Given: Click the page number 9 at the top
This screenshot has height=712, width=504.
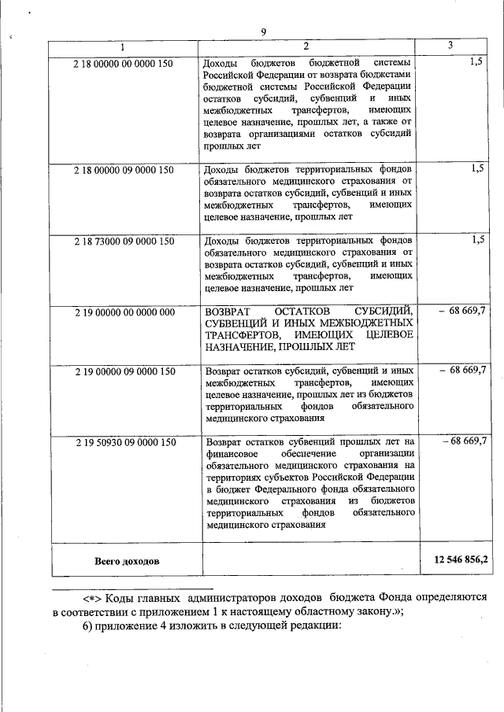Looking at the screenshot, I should [x=264, y=31].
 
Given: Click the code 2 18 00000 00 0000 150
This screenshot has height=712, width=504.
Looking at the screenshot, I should [x=124, y=61].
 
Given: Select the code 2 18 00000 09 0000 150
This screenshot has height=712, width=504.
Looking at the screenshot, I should [x=124, y=170].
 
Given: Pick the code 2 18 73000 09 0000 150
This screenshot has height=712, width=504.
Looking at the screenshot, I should [x=124, y=241].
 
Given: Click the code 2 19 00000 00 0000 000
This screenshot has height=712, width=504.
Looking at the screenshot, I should [x=124, y=312].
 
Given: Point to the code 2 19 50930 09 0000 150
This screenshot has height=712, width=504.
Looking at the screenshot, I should [x=124, y=442].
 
